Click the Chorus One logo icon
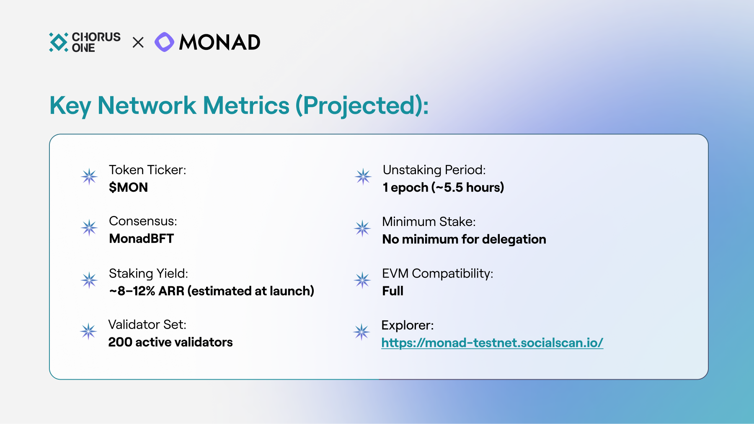(x=59, y=42)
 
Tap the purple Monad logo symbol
(x=164, y=42)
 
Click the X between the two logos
(x=138, y=42)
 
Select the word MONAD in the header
(x=220, y=42)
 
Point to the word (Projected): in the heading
(x=362, y=106)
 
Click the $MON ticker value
(x=128, y=187)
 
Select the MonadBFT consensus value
(x=142, y=239)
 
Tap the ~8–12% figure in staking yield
(x=132, y=291)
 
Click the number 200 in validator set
(x=120, y=342)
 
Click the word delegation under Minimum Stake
(x=514, y=239)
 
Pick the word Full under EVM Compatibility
(x=392, y=291)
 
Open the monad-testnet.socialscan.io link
(x=492, y=343)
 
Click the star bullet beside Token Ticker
(x=89, y=177)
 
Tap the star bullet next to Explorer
(x=362, y=332)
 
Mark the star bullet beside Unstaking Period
(x=363, y=177)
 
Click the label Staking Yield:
(x=148, y=273)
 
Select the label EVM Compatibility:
(x=438, y=273)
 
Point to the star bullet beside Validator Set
(x=88, y=331)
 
